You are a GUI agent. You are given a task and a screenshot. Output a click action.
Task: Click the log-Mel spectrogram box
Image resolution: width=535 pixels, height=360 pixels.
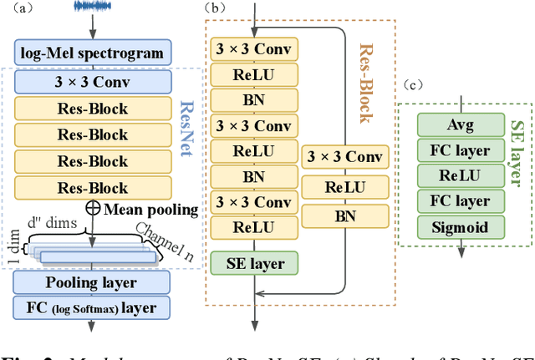[92, 54]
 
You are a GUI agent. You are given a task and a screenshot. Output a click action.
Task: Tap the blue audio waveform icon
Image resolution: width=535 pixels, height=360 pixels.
[92, 7]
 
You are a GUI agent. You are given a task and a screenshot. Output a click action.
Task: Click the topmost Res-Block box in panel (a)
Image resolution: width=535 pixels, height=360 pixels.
[92, 108]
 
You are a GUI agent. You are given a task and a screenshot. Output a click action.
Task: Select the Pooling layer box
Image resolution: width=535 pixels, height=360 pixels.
[92, 282]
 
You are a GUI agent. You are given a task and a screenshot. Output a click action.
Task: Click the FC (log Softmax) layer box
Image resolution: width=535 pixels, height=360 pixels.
[92, 308]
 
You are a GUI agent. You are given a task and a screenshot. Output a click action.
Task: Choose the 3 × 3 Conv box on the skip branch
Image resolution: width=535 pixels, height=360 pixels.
[346, 156]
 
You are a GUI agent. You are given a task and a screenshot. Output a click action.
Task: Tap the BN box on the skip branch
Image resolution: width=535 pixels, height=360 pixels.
[346, 215]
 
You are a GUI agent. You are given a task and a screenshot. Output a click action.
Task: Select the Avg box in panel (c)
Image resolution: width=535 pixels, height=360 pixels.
[460, 126]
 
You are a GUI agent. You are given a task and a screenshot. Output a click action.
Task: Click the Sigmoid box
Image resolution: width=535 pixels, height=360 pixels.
[460, 226]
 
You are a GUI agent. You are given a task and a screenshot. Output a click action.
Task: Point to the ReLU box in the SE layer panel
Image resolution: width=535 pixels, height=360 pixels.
[460, 176]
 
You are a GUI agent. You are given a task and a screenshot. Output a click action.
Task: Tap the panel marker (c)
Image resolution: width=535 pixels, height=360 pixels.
[415, 84]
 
